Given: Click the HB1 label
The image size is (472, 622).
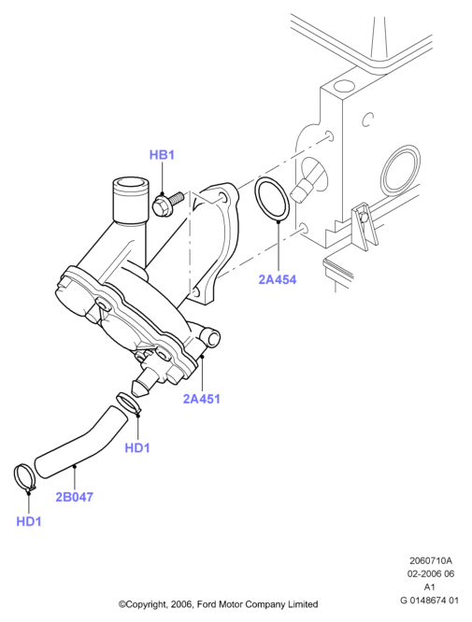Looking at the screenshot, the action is tap(162, 155).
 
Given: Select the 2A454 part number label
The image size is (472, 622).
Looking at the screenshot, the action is tap(277, 279).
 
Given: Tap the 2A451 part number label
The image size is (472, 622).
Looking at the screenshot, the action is tap(201, 399).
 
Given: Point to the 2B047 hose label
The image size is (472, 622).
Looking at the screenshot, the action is tap(74, 497).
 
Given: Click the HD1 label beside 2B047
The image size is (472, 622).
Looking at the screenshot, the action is tap(29, 521).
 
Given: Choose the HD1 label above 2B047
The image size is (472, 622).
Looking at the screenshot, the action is tap(137, 448).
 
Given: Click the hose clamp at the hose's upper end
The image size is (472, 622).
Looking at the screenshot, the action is tap(128, 404).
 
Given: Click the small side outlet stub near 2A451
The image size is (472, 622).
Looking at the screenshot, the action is tap(210, 338).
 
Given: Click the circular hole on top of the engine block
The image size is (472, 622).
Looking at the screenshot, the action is tap(343, 85).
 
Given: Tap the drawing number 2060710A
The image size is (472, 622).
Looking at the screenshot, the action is tap(431, 560).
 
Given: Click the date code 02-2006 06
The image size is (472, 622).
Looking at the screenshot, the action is tap(431, 573).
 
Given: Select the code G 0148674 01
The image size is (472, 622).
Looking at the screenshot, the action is tap(429, 601).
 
